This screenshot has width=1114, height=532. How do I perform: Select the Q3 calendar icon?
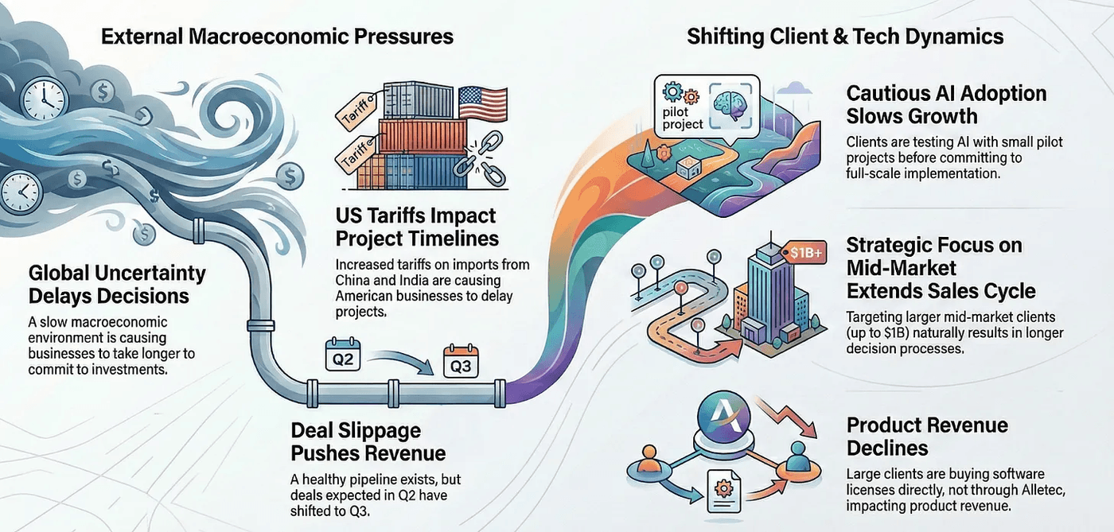pyautogui.click(x=461, y=362)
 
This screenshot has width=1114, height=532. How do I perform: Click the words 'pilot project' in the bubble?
pyautogui.click(x=683, y=118)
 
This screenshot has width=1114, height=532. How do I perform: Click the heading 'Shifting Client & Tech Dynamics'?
pyautogui.click(x=845, y=36)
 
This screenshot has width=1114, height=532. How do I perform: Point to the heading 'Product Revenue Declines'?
pyautogui.click(x=927, y=436)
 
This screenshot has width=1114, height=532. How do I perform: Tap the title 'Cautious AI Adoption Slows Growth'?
pyautogui.click(x=945, y=104)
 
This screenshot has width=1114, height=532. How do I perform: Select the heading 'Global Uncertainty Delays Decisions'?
pyautogui.click(x=117, y=285)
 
